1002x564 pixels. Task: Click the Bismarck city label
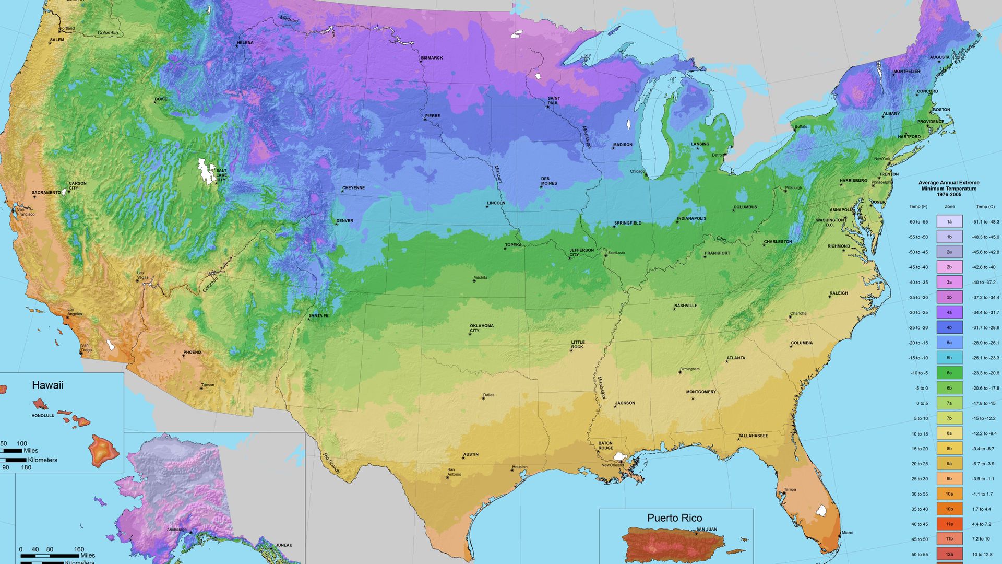[x=432, y=58]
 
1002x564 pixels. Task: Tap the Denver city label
[x=344, y=221]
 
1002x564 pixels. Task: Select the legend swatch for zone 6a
[x=949, y=373]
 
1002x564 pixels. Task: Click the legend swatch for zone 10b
[x=949, y=509]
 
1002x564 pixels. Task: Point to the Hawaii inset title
[x=47, y=385]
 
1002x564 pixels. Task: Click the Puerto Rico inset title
[x=674, y=518]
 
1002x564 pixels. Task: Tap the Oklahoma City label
[x=481, y=328]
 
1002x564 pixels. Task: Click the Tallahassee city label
[x=753, y=436]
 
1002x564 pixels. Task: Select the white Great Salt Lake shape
[x=207, y=171]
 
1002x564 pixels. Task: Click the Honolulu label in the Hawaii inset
[x=43, y=416]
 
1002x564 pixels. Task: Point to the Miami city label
[x=847, y=533]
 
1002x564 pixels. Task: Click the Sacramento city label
[x=46, y=193]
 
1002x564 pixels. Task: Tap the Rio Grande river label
[x=331, y=464]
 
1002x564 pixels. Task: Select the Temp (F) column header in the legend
[x=918, y=207]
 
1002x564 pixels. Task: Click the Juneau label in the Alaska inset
[x=284, y=545]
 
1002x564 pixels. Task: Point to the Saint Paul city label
[x=554, y=101]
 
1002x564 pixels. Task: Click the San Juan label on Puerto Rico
[x=707, y=530]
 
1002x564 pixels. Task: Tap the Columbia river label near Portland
[x=108, y=33]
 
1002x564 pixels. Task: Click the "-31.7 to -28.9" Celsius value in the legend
[x=985, y=328]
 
